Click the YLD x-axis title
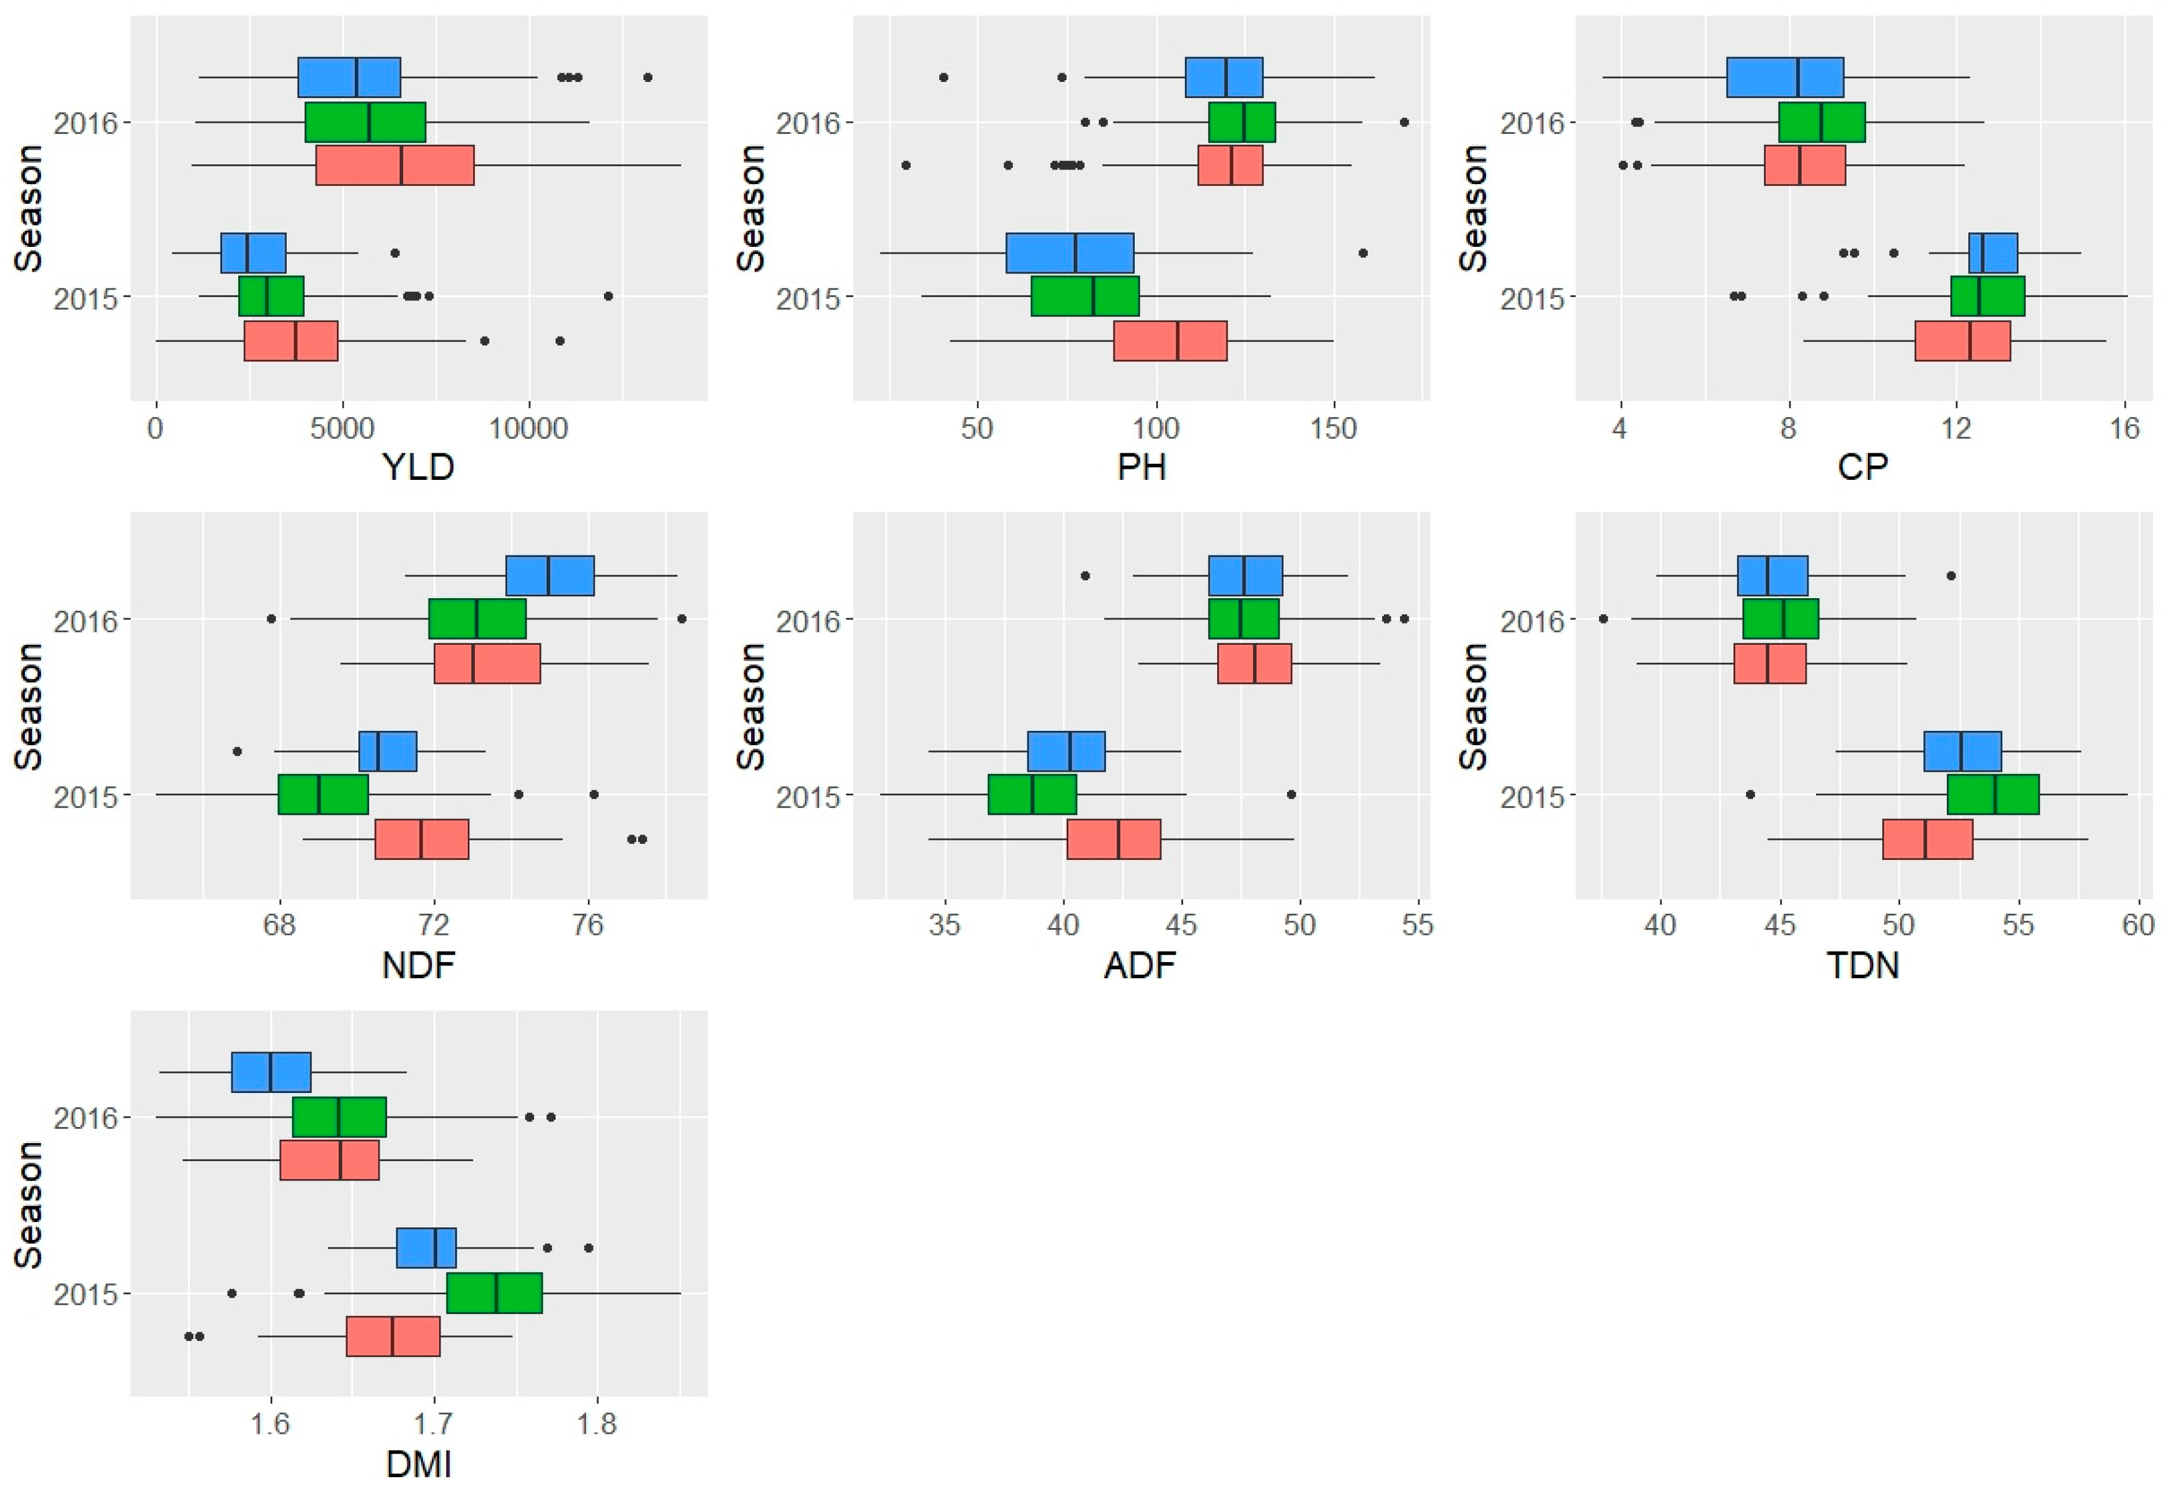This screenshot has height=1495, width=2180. (x=418, y=466)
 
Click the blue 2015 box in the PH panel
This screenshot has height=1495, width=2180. (x=1070, y=253)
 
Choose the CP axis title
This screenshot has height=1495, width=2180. (x=1863, y=466)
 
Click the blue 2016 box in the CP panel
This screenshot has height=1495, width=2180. (x=1785, y=77)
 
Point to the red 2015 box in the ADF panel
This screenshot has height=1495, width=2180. (x=1113, y=839)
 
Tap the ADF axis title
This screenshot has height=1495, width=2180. (x=1140, y=964)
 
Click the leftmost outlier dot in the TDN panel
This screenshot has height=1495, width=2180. (x=1603, y=619)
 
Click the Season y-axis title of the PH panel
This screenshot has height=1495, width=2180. (x=751, y=208)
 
